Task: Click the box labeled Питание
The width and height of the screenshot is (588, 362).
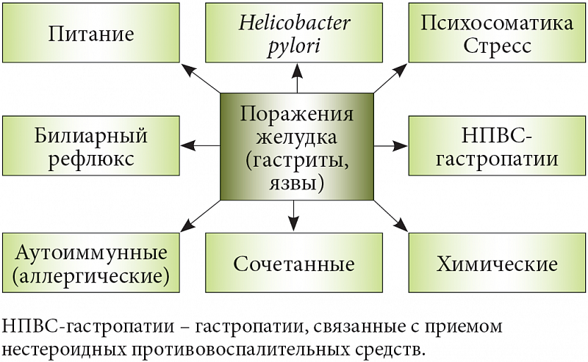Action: point(91,33)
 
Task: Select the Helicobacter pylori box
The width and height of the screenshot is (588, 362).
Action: point(295,33)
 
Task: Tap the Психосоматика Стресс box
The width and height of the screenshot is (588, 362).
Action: point(497,33)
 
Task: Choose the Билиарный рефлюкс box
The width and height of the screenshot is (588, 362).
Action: point(91,146)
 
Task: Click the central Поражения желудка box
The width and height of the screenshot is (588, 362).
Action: point(297,146)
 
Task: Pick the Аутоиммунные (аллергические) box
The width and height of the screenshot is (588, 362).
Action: point(91,264)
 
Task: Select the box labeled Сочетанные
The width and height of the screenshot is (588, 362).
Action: point(295,264)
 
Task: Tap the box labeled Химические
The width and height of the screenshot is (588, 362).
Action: point(497,264)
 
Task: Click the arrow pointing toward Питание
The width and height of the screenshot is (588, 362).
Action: point(201,79)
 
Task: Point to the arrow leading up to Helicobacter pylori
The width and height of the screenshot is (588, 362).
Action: point(296,78)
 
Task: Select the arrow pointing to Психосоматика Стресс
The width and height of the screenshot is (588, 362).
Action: point(390,79)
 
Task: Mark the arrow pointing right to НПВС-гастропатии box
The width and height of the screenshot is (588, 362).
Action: point(390,146)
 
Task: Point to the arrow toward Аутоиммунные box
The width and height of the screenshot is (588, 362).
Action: point(200,215)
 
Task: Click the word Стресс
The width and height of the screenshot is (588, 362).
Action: point(497,46)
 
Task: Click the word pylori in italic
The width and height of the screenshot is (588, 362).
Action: point(295,46)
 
